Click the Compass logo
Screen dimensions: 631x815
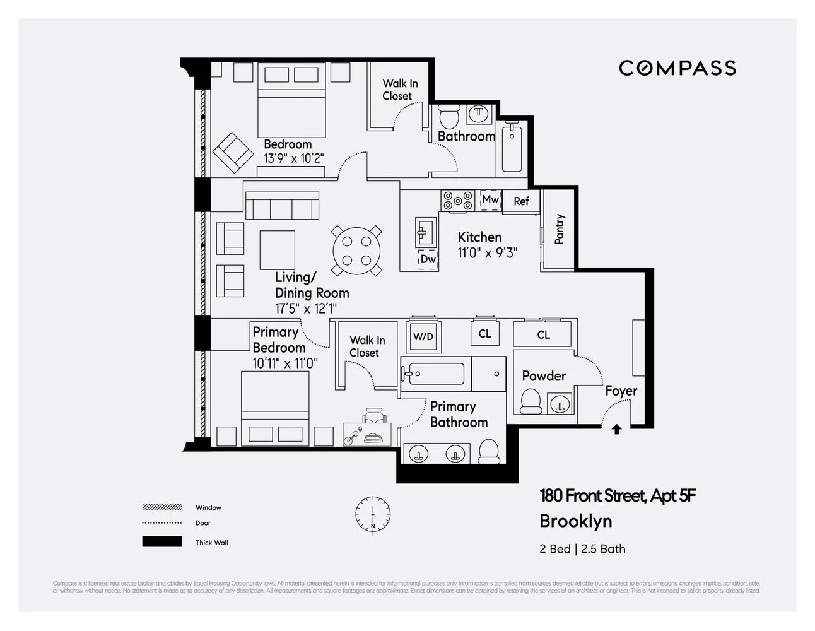677,68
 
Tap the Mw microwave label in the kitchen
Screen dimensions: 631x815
490,200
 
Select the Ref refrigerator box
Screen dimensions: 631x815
521,201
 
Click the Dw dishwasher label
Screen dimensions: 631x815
428,259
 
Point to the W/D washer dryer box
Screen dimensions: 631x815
423,336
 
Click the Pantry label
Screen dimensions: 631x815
559,229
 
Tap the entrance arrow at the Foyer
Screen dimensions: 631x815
616,429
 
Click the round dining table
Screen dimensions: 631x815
356,251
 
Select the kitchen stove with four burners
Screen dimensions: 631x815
457,201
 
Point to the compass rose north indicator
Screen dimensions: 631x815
372,513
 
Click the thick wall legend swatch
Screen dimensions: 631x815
162,542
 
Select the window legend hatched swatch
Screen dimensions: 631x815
162,507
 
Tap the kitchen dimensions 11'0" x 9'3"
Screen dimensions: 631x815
487,253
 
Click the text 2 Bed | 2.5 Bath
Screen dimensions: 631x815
582,549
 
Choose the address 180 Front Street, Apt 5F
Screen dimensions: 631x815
618,496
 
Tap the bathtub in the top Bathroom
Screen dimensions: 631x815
512,148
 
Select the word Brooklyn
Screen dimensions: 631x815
575,521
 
